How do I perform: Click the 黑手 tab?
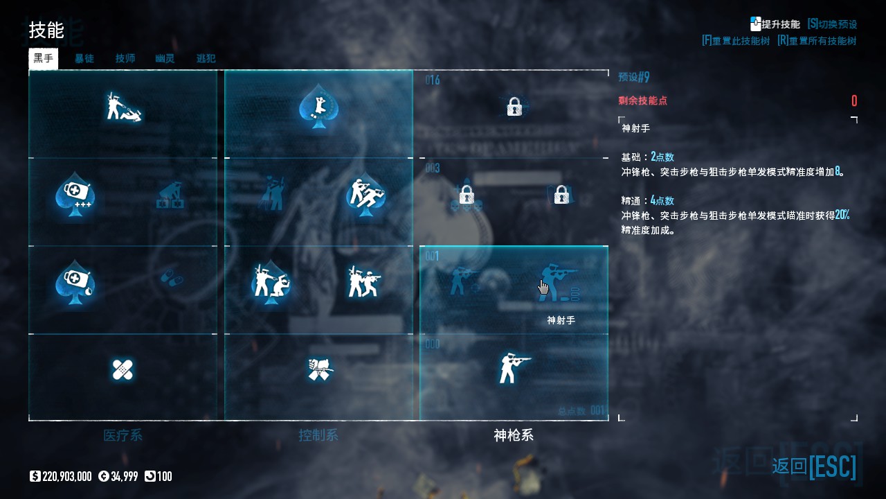click(43, 58)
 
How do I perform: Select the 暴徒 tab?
click(84, 59)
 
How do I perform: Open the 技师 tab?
click(125, 59)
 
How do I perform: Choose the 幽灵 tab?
click(165, 59)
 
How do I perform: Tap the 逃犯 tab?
click(206, 59)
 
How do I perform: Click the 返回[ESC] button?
click(814, 466)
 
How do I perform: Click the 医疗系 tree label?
click(123, 436)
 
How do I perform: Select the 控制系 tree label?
click(318, 436)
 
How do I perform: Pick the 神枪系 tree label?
click(514, 436)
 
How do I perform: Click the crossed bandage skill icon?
click(123, 369)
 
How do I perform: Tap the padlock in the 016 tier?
click(514, 107)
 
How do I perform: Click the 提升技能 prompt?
click(775, 24)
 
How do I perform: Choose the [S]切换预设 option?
click(832, 24)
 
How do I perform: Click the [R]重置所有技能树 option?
click(817, 41)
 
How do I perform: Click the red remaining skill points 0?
click(854, 101)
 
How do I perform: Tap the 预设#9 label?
click(634, 77)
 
